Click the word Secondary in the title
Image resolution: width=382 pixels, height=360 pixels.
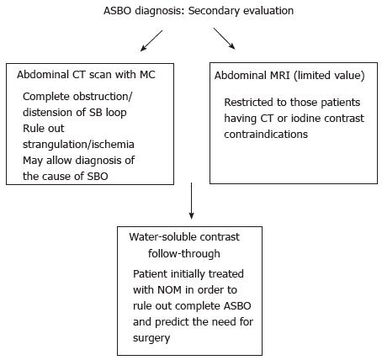[212, 11]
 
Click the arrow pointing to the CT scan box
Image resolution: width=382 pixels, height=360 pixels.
[151, 41]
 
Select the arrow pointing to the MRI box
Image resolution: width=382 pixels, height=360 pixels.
[224, 39]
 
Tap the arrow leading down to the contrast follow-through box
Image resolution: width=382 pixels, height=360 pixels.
[191, 201]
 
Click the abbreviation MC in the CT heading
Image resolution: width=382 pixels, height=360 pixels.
[147, 75]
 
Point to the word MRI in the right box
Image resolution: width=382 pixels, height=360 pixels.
[278, 76]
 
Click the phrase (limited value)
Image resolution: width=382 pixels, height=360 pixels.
[329, 76]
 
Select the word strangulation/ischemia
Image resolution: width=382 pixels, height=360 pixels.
[78, 145]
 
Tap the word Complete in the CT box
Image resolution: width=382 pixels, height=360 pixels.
[46, 97]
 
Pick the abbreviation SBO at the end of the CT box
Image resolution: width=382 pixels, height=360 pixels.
[98, 177]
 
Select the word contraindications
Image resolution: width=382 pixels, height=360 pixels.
[266, 134]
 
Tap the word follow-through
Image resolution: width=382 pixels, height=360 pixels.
[184, 253]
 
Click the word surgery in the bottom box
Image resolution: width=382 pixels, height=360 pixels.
[151, 338]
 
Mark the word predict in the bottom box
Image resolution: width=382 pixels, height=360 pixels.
[176, 322]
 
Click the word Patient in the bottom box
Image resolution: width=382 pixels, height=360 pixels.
[151, 273]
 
